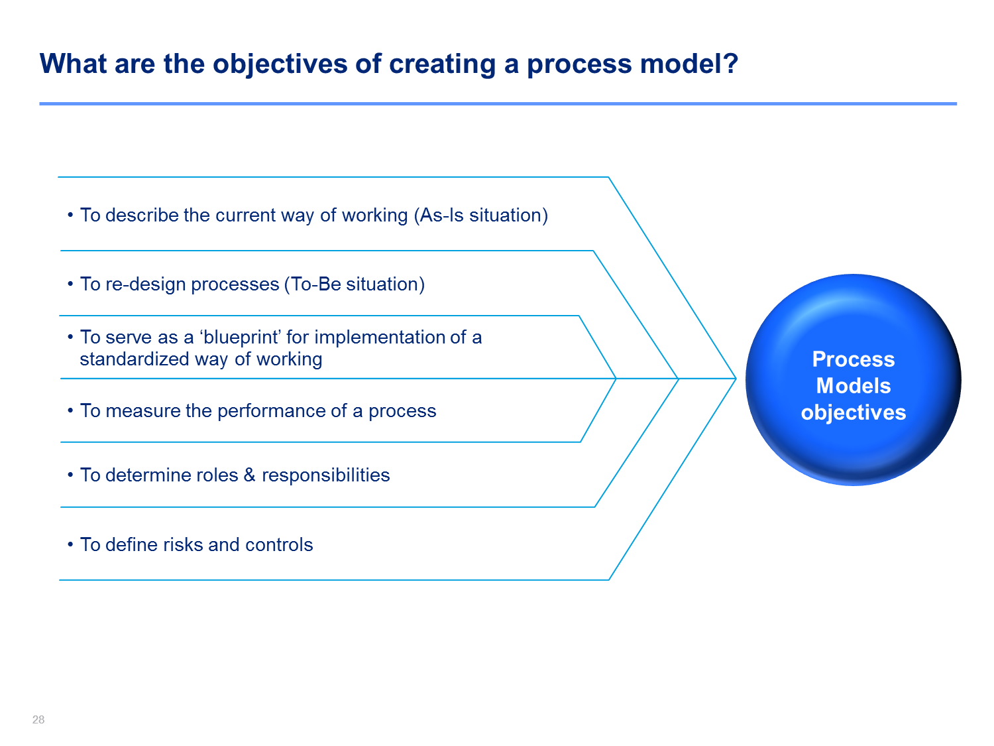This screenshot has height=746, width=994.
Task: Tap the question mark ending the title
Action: [x=730, y=63]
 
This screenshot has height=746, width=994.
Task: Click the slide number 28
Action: [x=38, y=719]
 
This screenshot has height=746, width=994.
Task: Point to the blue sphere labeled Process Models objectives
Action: [x=853, y=379]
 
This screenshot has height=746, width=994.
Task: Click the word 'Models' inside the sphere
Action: [x=853, y=386]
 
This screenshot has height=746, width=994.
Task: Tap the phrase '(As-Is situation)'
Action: [x=480, y=215]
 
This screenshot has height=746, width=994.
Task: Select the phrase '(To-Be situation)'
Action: [x=354, y=284]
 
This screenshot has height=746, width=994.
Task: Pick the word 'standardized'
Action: [x=134, y=359]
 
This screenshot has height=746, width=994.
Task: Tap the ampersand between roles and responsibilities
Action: [x=250, y=475]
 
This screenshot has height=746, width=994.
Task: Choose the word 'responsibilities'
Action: [x=325, y=475]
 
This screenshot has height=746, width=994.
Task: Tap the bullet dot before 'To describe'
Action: [x=70, y=215]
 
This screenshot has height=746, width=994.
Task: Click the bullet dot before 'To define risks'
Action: [x=70, y=544]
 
